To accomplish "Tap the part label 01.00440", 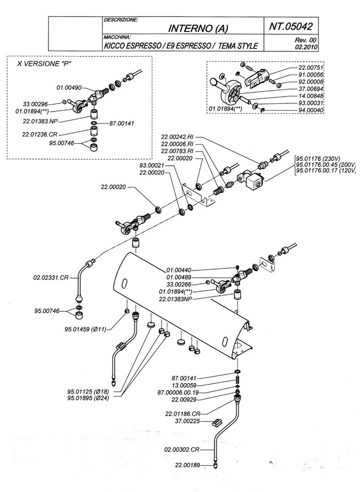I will point(180,269).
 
